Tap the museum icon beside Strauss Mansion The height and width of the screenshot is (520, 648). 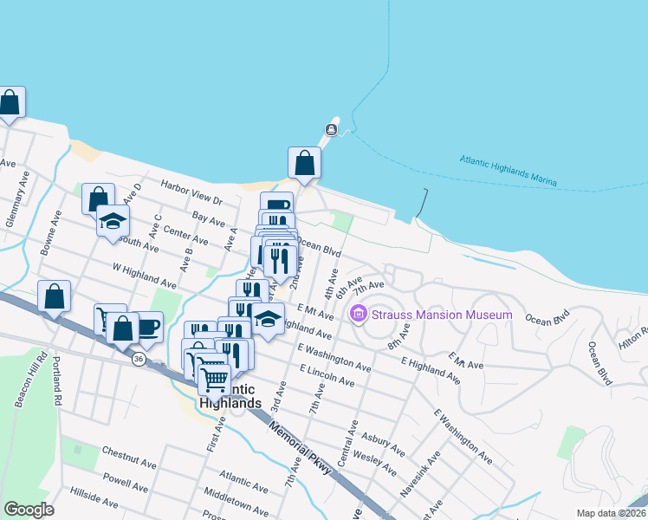(358, 315)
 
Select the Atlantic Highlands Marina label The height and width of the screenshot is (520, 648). (508, 172)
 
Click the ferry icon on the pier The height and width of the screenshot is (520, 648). (331, 130)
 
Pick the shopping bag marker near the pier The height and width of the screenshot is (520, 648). (304, 163)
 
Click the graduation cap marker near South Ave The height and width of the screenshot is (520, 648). (113, 221)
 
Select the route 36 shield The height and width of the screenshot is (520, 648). (139, 359)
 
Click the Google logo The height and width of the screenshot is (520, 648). (29, 509)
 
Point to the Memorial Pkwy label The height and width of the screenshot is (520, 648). (300, 447)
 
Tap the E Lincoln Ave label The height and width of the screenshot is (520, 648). (327, 375)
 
